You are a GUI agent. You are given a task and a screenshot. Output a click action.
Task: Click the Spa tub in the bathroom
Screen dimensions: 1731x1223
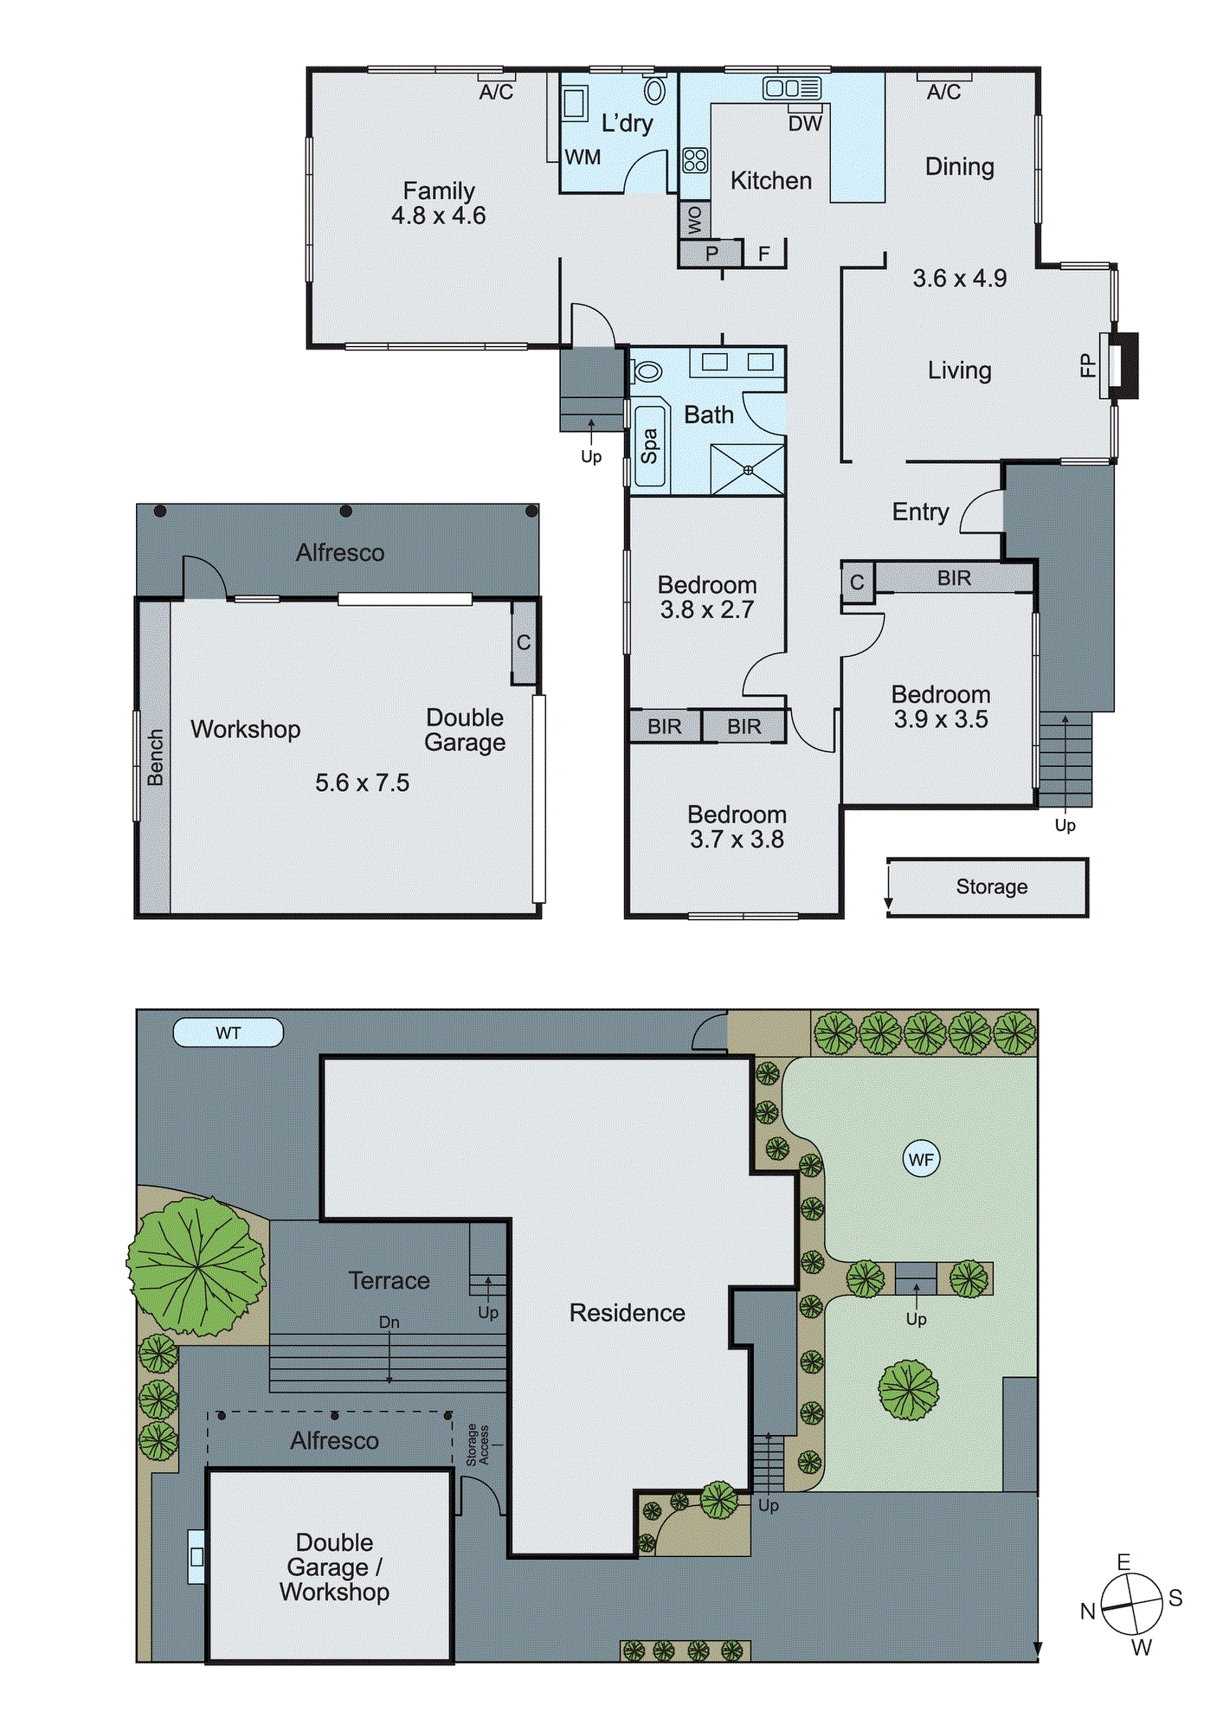649,446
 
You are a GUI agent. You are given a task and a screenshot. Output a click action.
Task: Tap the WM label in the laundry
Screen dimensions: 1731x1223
583,158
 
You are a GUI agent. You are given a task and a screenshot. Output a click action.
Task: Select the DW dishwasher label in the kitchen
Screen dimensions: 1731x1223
805,124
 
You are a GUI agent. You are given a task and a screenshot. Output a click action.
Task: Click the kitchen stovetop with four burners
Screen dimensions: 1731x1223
695,160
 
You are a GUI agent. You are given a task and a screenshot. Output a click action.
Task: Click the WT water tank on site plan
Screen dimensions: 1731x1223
229,1033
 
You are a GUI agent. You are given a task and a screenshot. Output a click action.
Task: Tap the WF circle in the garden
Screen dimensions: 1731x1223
921,1159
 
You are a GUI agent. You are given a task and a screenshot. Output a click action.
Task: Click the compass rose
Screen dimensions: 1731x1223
1131,1605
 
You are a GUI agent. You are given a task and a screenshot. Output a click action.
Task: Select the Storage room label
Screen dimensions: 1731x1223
992,887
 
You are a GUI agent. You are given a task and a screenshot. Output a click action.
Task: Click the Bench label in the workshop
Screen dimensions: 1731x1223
155,757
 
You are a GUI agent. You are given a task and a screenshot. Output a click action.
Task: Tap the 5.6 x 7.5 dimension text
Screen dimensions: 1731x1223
362,783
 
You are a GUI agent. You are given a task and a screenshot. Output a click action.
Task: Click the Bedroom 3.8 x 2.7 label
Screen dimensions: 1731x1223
707,597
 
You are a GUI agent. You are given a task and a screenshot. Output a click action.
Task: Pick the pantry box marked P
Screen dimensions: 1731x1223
711,254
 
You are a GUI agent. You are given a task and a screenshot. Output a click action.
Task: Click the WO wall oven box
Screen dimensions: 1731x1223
694,221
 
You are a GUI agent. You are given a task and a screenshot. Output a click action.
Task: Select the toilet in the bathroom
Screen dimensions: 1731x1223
647,372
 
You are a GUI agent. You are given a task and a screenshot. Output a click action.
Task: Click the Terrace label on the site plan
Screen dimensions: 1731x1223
389,1281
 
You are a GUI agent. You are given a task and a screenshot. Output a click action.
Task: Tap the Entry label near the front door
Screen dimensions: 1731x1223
920,512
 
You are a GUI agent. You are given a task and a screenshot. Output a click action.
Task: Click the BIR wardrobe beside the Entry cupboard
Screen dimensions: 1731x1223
954,578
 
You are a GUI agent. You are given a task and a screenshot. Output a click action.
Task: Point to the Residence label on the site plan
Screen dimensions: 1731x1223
627,1313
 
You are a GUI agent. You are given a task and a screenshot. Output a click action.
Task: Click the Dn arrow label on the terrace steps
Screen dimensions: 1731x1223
389,1322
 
